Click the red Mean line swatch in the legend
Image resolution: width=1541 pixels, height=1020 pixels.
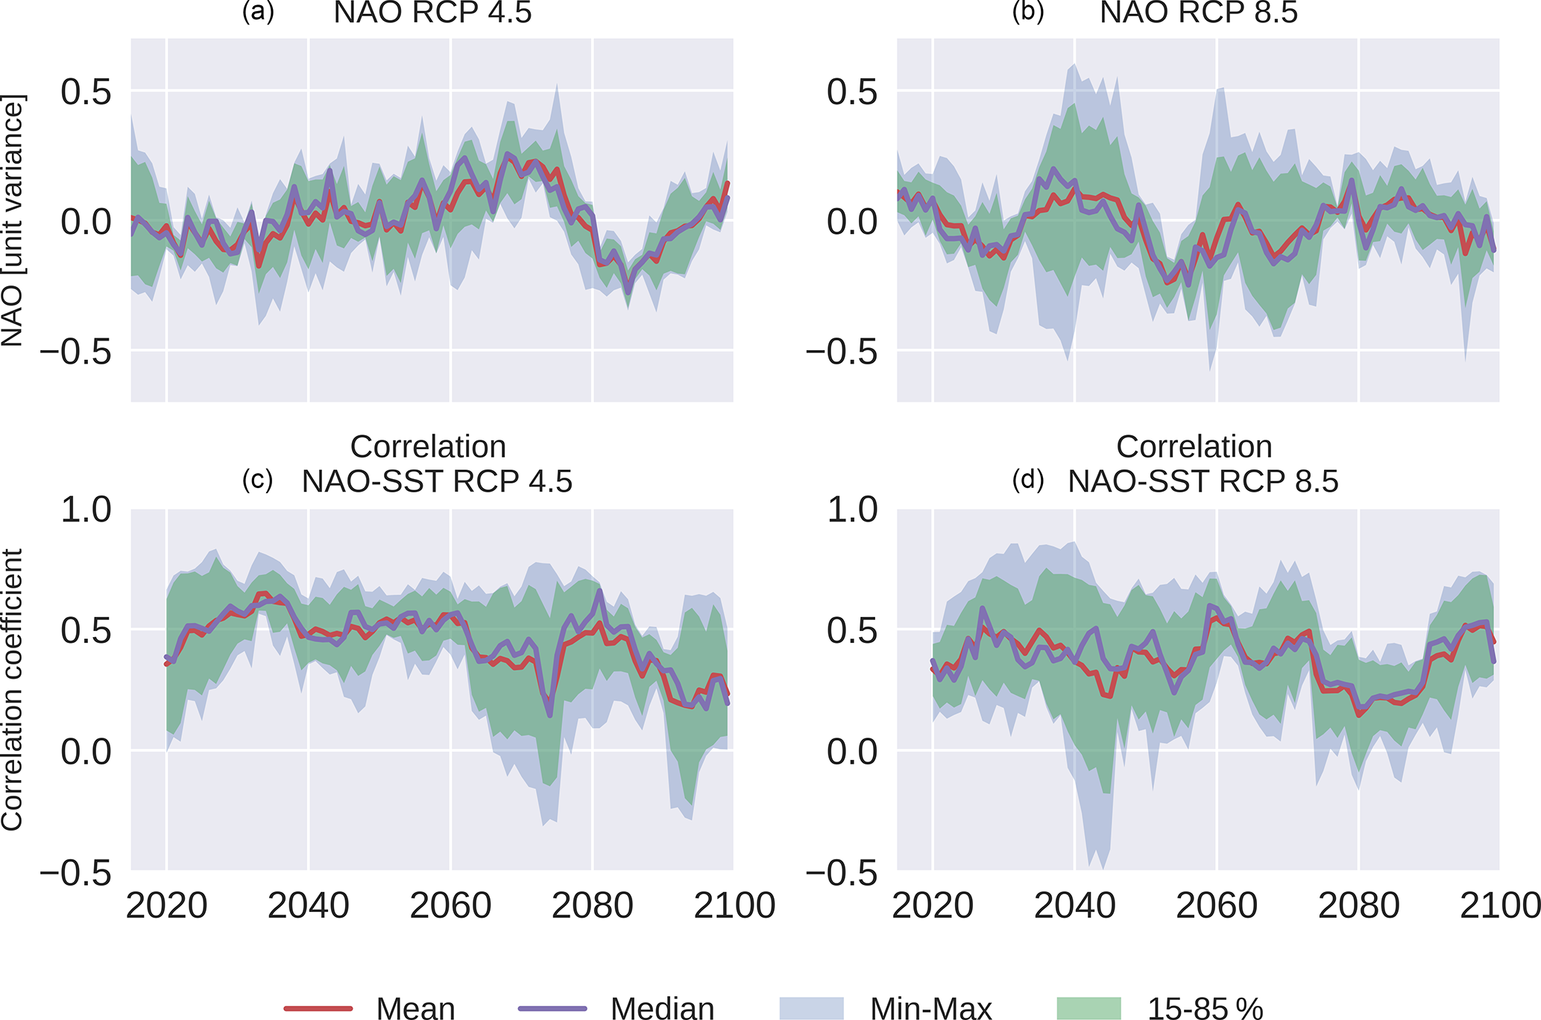coord(318,1008)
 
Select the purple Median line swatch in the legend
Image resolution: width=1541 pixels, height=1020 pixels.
coord(552,1008)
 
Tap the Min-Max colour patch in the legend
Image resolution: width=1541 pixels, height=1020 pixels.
coord(811,1008)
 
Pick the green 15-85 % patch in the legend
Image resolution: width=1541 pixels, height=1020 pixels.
coord(1088,1008)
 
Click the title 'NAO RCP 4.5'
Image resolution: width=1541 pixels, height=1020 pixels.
coord(432,13)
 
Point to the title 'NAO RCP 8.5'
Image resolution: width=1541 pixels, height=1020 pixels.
coord(1199,13)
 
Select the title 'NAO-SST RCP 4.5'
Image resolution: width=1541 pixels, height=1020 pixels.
coord(437,481)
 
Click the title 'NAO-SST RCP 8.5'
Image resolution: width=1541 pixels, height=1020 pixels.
coord(1203,481)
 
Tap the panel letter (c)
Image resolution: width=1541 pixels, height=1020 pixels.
coord(258,480)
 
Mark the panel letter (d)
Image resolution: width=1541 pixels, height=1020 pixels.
coord(1027,480)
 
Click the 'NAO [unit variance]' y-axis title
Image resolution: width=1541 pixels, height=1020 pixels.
coord(13,221)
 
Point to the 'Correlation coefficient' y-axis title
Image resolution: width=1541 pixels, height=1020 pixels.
coord(13,690)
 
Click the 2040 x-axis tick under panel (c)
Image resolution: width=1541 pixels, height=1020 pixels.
coord(308,906)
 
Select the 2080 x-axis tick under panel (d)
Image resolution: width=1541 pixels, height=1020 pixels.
coord(1358,906)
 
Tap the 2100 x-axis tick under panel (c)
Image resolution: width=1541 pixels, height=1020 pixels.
coord(734,906)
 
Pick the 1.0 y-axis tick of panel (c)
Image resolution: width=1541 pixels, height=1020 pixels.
coord(86,510)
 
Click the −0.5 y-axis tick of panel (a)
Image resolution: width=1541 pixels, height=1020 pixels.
coord(75,351)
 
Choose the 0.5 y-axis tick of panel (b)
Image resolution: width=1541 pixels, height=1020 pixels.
coord(852,92)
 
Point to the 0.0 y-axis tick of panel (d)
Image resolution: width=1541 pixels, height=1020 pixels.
coord(852,751)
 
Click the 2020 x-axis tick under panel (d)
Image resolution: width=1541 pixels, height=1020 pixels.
coord(933,906)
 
